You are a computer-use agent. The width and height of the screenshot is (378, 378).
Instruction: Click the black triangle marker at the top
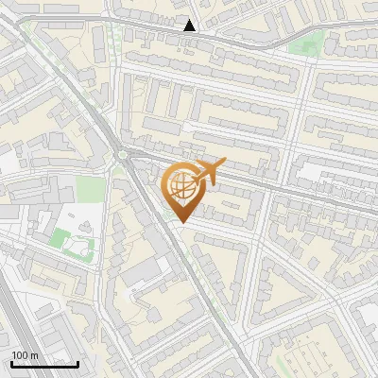(x=190, y=26)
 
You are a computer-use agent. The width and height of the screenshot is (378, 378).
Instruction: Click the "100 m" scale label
(x=25, y=355)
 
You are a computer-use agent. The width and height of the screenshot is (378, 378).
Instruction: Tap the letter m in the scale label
(x=34, y=355)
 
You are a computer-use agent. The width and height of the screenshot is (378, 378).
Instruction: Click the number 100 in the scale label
(x=20, y=355)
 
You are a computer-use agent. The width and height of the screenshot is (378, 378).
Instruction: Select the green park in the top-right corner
(x=304, y=43)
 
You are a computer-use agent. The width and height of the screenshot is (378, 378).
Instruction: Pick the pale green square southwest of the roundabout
(x=91, y=189)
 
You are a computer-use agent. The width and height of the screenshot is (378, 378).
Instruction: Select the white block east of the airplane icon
(x=317, y=173)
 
